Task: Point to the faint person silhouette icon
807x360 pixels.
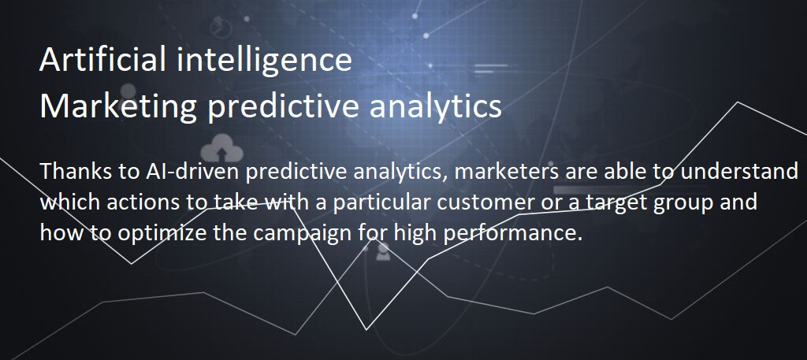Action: tap(382, 251)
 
